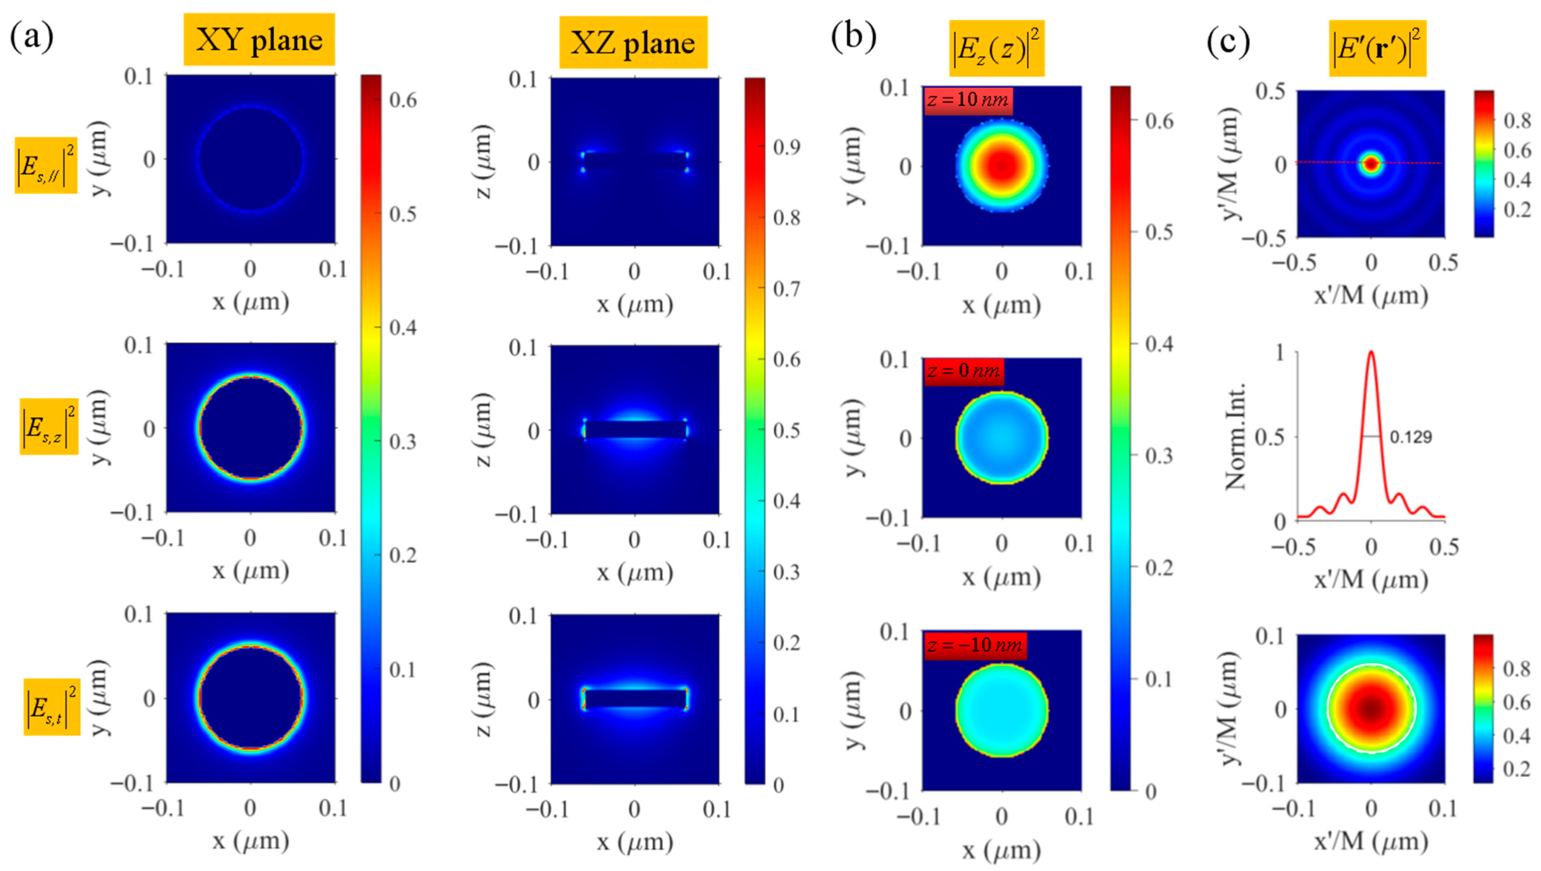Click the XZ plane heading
(633, 42)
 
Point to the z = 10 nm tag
(968, 99)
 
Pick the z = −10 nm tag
(975, 645)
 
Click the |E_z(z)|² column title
(996, 48)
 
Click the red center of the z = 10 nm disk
(1002, 166)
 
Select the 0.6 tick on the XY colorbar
(403, 100)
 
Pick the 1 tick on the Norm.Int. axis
(1280, 353)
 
